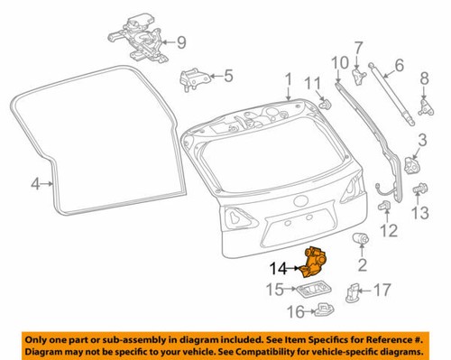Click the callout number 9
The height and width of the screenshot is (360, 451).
[180, 42]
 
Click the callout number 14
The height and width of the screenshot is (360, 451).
[278, 267]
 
